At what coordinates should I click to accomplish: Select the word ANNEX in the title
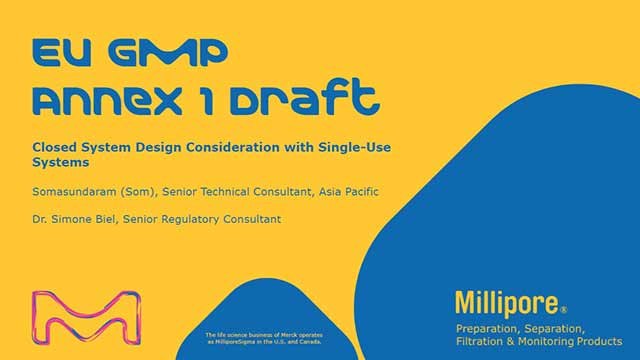coord(111,98)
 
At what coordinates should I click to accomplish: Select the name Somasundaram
coord(72,189)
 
